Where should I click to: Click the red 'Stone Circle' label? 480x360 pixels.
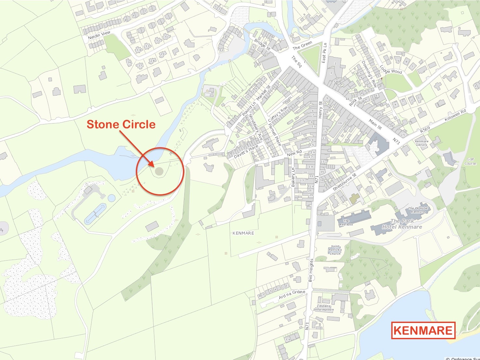click(121, 124)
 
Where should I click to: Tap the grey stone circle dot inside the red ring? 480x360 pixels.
click(159, 171)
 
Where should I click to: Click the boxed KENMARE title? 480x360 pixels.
click(423, 330)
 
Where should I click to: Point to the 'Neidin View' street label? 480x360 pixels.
click(99, 35)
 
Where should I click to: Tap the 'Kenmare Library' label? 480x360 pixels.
click(422, 143)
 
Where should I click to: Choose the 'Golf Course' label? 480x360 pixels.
click(470, 161)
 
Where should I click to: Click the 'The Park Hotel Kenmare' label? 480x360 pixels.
click(402, 224)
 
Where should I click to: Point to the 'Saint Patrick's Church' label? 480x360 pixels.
click(335, 250)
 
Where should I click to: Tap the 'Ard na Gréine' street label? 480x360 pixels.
click(292, 295)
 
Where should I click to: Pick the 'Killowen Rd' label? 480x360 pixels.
click(455, 115)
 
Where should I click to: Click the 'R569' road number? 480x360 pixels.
click(425, 129)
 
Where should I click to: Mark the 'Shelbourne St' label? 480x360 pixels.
click(344, 182)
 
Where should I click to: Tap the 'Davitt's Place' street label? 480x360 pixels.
click(246, 151)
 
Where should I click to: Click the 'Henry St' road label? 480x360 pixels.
click(320, 110)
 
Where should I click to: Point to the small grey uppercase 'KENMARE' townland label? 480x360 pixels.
click(243, 233)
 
